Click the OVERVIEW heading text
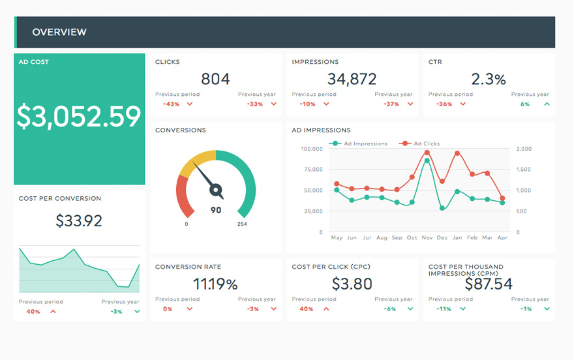tap(59, 32)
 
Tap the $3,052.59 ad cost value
tap(79, 116)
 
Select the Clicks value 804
tap(215, 80)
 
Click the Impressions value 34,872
tap(352, 80)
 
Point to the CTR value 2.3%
tap(489, 80)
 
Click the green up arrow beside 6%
tap(547, 104)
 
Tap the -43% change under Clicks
tap(172, 104)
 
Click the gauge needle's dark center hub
tap(215, 190)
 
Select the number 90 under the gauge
tap(215, 210)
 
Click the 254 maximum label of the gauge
tap(243, 224)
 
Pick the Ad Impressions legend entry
tap(361, 143)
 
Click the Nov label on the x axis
tap(427, 238)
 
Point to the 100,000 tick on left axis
tap(311, 149)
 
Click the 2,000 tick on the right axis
tap(524, 149)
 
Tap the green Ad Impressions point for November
tap(427, 160)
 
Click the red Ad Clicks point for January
tap(457, 153)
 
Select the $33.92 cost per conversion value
tap(79, 220)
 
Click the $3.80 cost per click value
tap(352, 284)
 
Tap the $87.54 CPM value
tap(489, 284)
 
